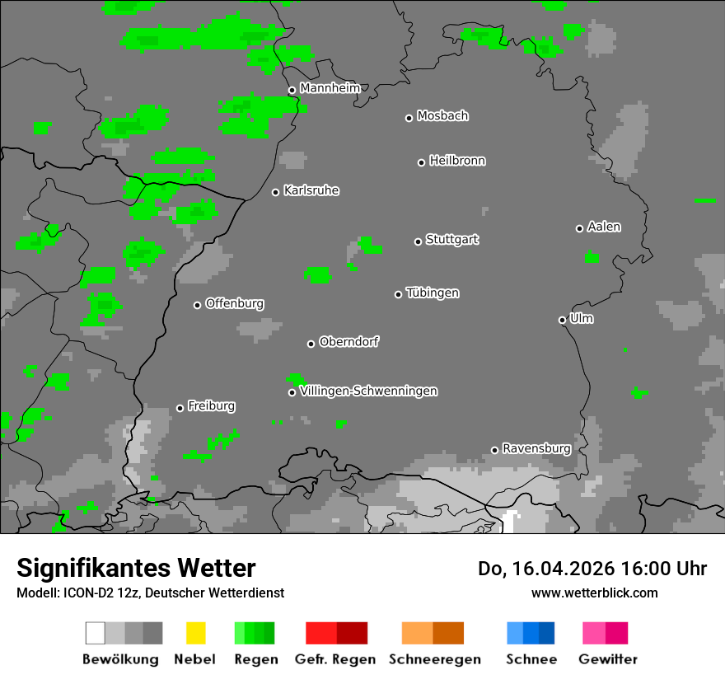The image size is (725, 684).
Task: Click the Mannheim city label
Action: [330, 88]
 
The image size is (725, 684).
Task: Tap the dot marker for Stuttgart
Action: [418, 241]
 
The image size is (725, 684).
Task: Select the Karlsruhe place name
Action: [311, 190]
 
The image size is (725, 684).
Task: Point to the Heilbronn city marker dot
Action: [421, 162]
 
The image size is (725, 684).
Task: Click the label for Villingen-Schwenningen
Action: [368, 391]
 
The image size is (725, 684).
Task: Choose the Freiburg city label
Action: [211, 405]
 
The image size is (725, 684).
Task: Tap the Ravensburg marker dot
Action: [494, 450]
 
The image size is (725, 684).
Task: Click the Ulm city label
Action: [582, 318]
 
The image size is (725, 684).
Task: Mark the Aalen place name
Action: [604, 227]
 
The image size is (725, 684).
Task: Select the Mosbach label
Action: [442, 116]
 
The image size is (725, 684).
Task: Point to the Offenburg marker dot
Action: [197, 305]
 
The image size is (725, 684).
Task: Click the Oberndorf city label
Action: [349, 341]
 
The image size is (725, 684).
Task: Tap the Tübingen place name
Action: [433, 293]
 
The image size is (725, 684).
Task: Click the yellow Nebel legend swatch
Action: [195, 633]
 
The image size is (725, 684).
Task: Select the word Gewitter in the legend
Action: [608, 659]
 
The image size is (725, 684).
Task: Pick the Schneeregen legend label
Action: [434, 659]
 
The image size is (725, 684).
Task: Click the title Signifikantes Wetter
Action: [136, 568]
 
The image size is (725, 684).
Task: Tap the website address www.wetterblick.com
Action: [594, 593]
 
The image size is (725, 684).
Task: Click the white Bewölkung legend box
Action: [96, 633]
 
